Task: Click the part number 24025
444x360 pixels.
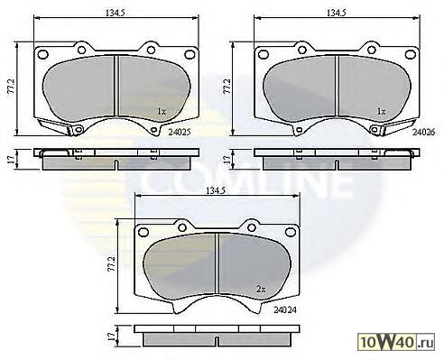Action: pyautogui.click(x=180, y=132)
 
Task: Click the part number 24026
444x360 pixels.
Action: pyautogui.click(x=423, y=132)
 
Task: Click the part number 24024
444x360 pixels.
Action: pyautogui.click(x=285, y=309)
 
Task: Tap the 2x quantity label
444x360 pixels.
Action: pyautogui.click(x=261, y=290)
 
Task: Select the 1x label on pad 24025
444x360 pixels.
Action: pyautogui.click(x=162, y=111)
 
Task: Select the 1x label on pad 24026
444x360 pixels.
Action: pyautogui.click(x=382, y=111)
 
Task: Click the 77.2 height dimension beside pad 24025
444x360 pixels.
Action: pyautogui.click(x=11, y=88)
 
